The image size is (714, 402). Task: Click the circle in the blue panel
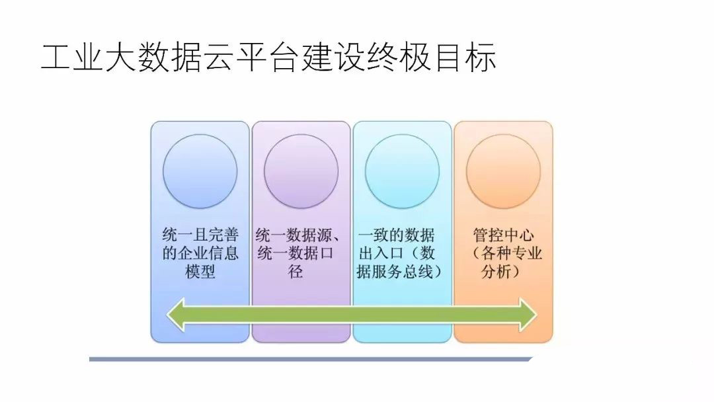coord(200,172)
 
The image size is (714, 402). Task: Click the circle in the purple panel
coord(301,172)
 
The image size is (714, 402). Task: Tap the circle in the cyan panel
coord(402,172)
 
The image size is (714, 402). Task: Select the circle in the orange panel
coord(503,172)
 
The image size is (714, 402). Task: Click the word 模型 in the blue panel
coord(200,272)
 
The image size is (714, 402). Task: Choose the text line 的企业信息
coord(200,253)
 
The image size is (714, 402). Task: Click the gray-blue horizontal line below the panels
coord(311,359)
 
